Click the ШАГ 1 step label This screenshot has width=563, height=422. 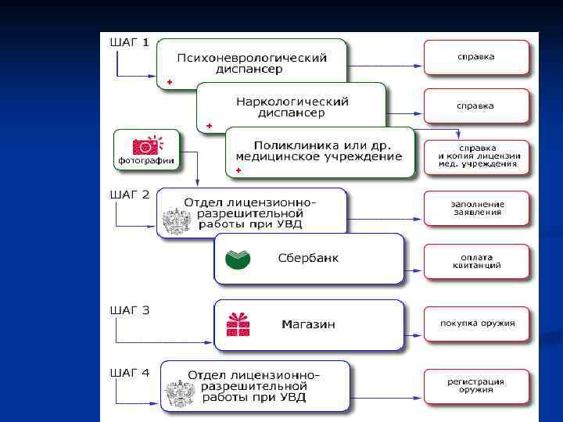(128, 42)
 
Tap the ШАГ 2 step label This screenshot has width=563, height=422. (128, 195)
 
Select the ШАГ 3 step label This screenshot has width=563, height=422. (128, 310)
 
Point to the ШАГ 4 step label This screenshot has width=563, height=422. (128, 373)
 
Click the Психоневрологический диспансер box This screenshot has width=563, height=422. (251, 63)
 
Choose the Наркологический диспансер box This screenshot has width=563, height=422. (292, 107)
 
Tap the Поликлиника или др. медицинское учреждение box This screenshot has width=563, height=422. (321, 151)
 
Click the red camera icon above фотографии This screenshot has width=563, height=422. (146, 145)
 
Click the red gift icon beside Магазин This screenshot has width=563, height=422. (238, 324)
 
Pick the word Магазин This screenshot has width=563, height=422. (308, 324)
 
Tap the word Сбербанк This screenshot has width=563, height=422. (308, 258)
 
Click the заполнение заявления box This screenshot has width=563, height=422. (476, 209)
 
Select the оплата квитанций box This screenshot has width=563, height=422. (476, 261)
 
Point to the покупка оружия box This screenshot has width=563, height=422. (476, 324)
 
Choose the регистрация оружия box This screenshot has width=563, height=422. (476, 386)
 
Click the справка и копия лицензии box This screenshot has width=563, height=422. (476, 156)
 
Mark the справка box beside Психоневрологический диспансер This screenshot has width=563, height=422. (476, 57)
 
